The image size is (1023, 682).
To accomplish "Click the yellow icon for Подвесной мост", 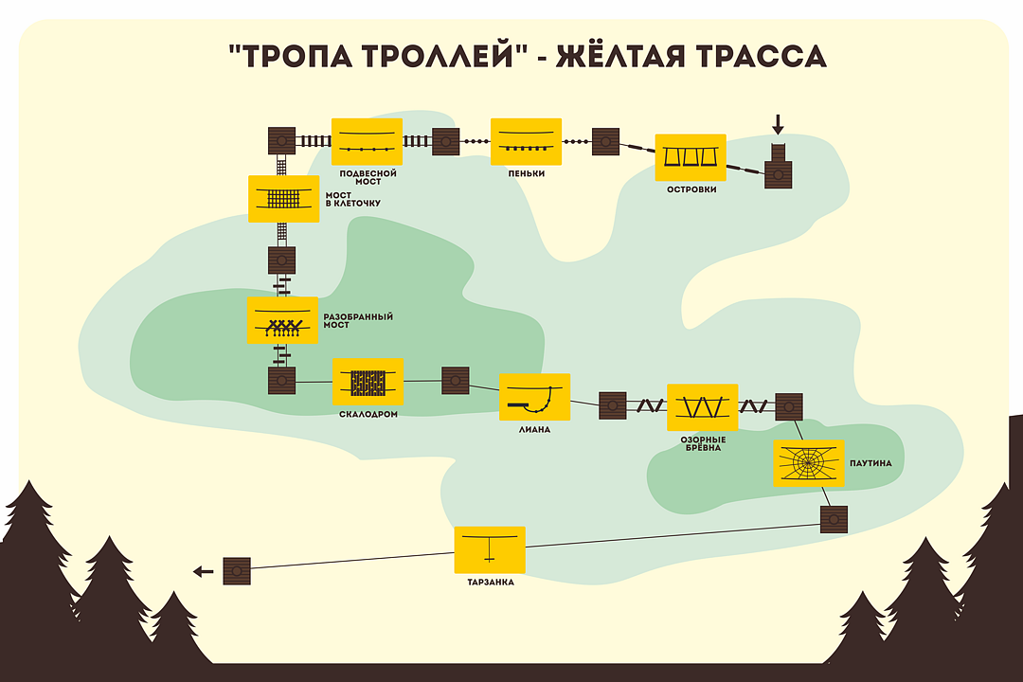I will coord(367,142).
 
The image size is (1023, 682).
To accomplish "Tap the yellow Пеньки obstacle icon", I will coord(526,142).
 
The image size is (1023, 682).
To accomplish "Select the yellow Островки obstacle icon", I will coord(691,157).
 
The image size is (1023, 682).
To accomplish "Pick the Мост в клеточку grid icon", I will coord(283,199).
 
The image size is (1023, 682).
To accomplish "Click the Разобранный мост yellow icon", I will coord(282,320).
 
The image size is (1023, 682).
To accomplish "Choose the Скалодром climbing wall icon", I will coord(368,381).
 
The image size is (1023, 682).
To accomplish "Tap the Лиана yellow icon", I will coord(534,397).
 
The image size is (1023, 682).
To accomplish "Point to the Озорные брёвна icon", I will coord(702,407).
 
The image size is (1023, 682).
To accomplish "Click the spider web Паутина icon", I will coord(808,463).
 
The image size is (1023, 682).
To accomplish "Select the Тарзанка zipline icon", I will coord(490,549).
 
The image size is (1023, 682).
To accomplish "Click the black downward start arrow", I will coord(779,124).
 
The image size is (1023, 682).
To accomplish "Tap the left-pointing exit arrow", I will coord(203,571).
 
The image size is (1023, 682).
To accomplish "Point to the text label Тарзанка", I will coord(490,583).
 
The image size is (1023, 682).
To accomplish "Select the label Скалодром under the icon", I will coord(368,414).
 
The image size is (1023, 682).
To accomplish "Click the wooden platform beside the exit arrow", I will coord(237,570).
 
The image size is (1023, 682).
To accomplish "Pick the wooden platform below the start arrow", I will coord(779,173).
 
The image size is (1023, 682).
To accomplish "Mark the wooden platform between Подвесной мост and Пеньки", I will coord(446,142).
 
